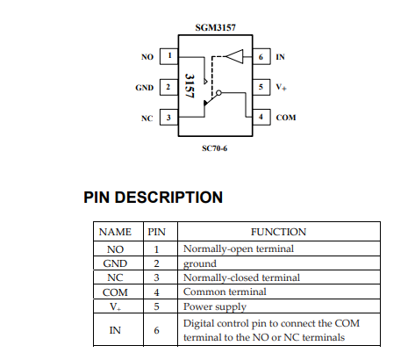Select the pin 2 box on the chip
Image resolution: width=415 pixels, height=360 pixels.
(x=168, y=88)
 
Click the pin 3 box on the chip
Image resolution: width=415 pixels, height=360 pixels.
(x=168, y=118)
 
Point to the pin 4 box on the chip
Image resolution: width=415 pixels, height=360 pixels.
(x=261, y=118)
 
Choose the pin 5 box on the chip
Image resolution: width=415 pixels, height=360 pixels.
(x=261, y=88)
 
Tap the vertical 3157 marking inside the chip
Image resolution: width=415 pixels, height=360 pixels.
(x=190, y=86)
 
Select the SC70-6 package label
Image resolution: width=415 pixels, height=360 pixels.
(x=214, y=148)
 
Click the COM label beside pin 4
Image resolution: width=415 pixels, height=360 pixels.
(x=286, y=118)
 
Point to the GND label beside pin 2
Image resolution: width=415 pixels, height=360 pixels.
(x=144, y=88)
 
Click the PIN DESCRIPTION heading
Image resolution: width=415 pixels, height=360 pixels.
(x=153, y=198)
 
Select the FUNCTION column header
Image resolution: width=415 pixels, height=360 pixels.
(x=278, y=232)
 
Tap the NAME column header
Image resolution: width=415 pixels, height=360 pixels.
(x=115, y=232)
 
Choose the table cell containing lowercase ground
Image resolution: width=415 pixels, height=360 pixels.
(x=199, y=263)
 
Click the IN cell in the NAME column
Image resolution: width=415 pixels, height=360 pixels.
(x=115, y=330)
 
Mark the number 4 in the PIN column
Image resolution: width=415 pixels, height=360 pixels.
(x=157, y=292)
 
